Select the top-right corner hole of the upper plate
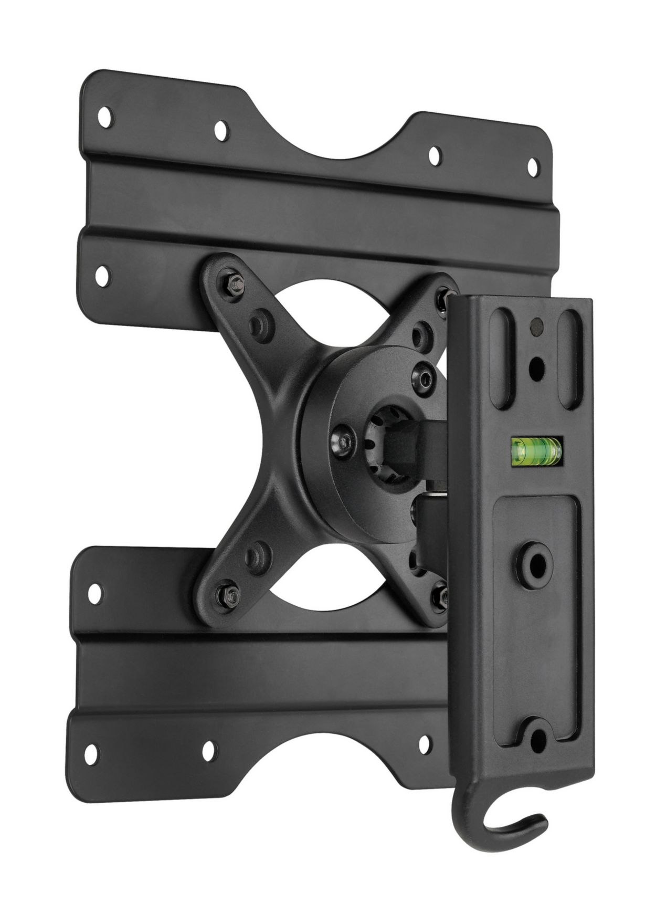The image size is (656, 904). (532, 167)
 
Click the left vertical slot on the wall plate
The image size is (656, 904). (501, 359)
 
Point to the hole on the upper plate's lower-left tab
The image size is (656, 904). (103, 275)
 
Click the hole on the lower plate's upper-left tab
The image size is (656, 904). (95, 593)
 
